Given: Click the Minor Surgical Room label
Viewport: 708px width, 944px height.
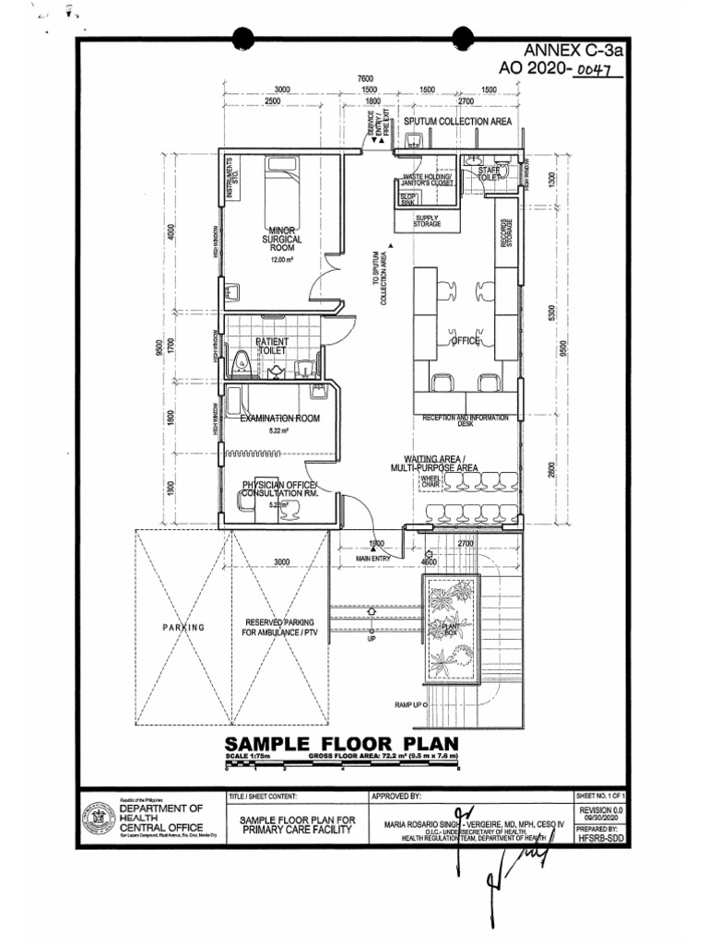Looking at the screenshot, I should click(x=281, y=239).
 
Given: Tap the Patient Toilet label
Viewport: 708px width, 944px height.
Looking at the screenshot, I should click(x=272, y=346).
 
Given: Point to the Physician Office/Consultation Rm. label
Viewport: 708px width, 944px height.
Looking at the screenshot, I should click(x=279, y=490).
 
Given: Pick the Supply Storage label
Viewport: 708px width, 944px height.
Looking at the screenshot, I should click(x=427, y=221).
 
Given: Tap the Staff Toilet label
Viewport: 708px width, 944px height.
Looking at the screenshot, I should click(x=488, y=173).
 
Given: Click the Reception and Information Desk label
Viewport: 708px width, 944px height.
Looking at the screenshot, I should click(x=466, y=420).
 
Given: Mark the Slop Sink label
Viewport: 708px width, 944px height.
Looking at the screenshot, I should click(x=407, y=199).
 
